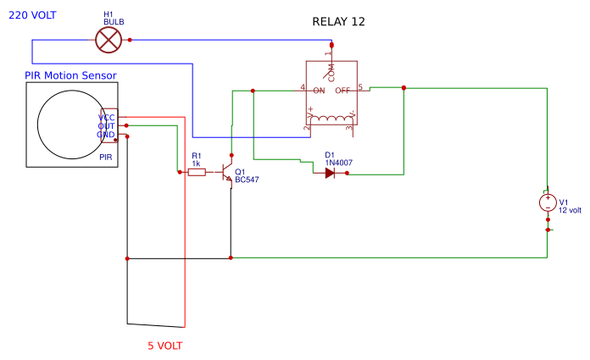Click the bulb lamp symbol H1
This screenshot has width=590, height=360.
(108, 39)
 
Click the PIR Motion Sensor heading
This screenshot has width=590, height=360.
(70, 76)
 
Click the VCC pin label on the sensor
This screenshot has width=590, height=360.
(106, 118)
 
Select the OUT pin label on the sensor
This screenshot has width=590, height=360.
(106, 126)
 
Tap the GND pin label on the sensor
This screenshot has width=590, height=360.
(106, 135)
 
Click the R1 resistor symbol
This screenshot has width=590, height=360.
(197, 172)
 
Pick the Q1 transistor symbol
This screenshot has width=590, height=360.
(227, 172)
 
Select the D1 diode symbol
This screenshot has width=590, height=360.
(331, 172)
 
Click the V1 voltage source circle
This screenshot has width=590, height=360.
(548, 203)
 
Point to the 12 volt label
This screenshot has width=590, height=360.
(571, 210)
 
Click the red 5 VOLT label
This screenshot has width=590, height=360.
(164, 346)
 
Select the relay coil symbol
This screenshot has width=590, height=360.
(331, 118)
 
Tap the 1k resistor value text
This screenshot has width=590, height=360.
(196, 163)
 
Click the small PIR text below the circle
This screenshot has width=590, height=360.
(106, 158)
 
